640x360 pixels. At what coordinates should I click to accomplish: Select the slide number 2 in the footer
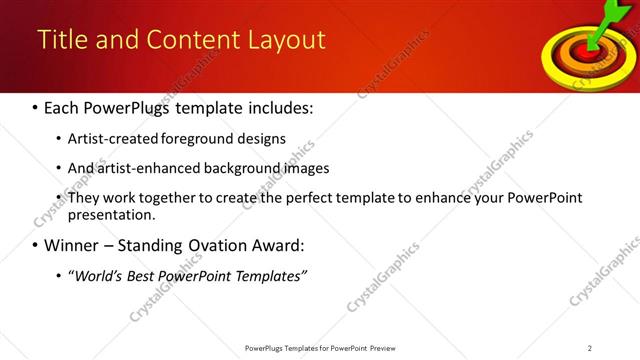[590, 348]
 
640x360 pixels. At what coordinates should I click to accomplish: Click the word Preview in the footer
[388, 348]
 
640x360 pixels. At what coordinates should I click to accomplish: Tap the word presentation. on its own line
[112, 215]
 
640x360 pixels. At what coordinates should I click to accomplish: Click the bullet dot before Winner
[36, 246]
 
